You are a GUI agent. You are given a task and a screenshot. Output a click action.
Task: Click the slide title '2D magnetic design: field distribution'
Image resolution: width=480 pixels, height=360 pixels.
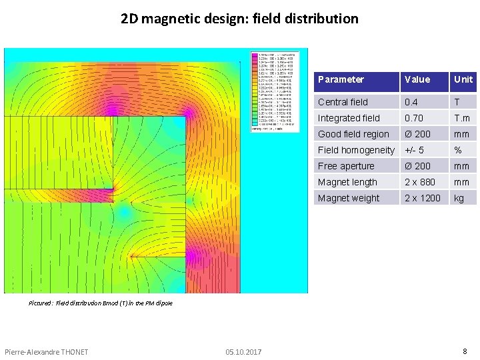(x=239, y=19)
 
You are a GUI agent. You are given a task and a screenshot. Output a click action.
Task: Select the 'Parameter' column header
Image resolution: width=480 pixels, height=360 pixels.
(x=341, y=79)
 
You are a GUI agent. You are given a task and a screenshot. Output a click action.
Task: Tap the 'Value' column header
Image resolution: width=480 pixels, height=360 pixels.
(x=417, y=79)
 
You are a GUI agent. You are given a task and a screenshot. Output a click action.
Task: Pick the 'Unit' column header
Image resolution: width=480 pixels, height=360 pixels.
(x=463, y=79)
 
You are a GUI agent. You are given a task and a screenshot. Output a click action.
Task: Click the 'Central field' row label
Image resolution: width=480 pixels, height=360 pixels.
(x=343, y=102)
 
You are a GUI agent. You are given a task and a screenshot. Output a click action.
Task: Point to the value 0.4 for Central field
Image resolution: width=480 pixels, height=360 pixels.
(x=411, y=102)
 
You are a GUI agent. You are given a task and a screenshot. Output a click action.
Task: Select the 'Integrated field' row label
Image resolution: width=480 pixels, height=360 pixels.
(x=349, y=118)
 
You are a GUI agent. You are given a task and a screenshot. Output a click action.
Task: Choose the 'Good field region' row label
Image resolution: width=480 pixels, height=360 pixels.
(x=353, y=134)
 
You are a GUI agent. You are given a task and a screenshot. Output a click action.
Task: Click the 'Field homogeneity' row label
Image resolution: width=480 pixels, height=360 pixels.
(x=356, y=150)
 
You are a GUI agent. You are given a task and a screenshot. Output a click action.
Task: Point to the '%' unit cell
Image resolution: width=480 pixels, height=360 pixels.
(x=458, y=150)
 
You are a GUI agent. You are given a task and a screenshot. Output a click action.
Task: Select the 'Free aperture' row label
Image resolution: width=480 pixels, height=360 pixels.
(x=346, y=166)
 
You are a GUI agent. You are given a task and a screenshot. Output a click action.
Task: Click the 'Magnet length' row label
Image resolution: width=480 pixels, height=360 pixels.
(x=347, y=182)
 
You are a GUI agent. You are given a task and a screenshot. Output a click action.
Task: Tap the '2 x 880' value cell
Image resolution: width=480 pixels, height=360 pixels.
(x=420, y=182)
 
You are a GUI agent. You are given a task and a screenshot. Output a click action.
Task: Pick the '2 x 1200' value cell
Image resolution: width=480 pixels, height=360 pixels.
(x=423, y=198)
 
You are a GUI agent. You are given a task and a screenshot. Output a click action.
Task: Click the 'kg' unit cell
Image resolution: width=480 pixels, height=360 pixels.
(x=459, y=198)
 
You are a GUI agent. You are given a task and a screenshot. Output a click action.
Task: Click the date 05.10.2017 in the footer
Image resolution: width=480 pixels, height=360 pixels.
(x=243, y=352)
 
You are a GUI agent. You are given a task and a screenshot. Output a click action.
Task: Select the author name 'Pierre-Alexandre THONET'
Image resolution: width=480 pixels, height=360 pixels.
(x=46, y=352)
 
